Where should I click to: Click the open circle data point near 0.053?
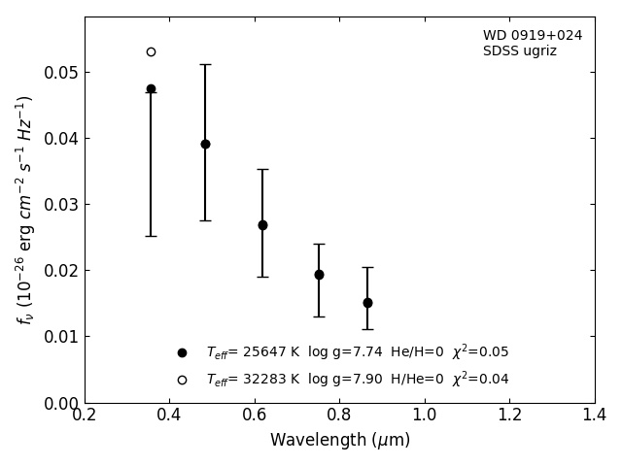151,51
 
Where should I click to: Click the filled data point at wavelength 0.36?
151,88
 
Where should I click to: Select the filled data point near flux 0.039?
205,144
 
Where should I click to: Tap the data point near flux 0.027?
262,224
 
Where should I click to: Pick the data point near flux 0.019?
319,275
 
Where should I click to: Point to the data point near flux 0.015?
367,303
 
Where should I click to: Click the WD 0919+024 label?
533,36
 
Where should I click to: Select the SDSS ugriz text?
520,51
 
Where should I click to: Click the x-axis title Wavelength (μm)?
339,441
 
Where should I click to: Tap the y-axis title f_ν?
25,210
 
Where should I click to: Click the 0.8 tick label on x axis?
339,416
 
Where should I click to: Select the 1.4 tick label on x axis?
594,416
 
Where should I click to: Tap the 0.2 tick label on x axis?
85,416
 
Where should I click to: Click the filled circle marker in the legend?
182,352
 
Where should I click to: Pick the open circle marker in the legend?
182,380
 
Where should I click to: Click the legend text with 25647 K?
357,352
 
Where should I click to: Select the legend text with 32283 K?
357,380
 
